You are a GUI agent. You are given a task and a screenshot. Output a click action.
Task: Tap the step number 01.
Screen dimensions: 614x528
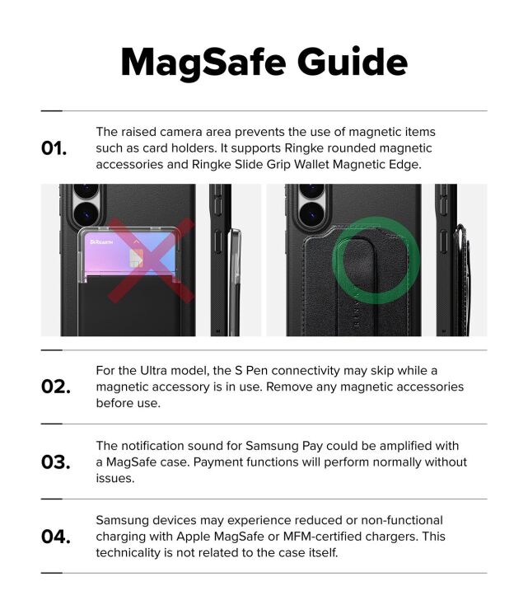[54, 148]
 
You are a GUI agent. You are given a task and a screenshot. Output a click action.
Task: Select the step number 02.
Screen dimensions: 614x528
[55, 387]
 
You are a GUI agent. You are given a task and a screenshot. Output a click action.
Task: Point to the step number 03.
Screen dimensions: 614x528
[55, 462]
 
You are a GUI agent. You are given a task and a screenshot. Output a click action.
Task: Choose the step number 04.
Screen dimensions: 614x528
[55, 537]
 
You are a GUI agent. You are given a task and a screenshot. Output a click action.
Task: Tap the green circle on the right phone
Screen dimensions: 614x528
[376, 260]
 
